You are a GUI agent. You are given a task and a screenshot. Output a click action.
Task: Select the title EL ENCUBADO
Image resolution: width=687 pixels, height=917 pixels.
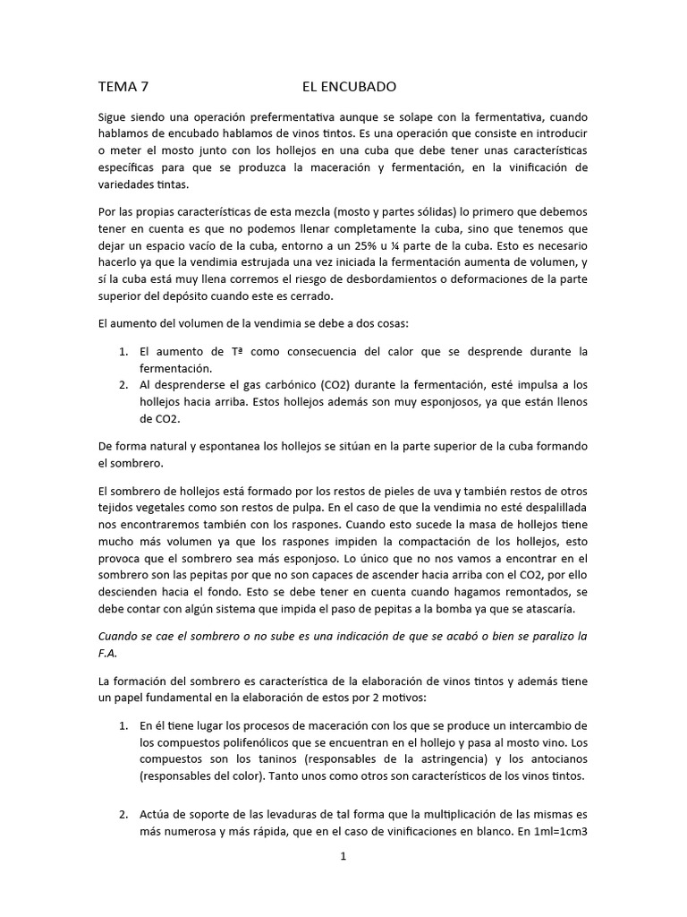click(349, 88)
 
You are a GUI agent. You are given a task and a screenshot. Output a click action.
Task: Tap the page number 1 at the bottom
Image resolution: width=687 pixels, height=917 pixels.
click(343, 857)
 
